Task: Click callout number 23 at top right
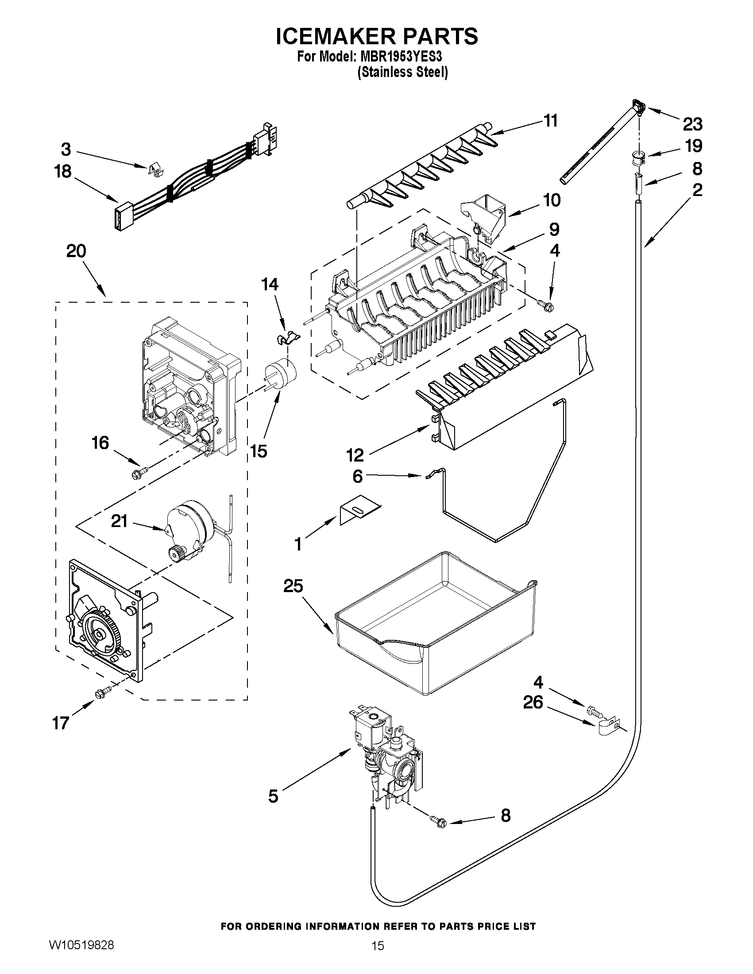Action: (x=692, y=124)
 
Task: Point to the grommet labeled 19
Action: (x=638, y=158)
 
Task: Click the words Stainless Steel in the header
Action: (x=402, y=72)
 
